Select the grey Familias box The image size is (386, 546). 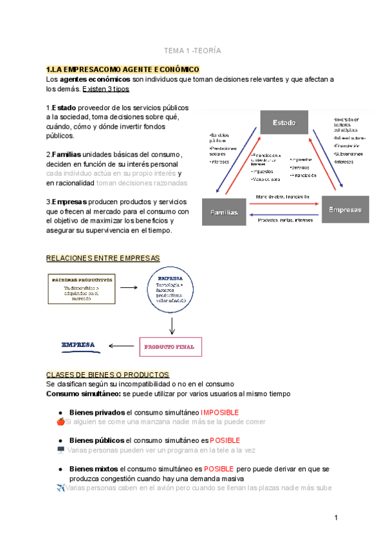[x=223, y=212]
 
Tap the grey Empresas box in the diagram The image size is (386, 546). [x=345, y=209]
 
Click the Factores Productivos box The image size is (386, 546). [x=81, y=288]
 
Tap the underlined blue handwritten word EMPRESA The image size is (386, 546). [x=78, y=344]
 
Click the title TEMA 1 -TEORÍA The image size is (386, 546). [x=192, y=50]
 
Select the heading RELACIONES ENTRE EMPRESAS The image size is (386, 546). [x=102, y=258]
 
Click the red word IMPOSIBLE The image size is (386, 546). [x=220, y=412]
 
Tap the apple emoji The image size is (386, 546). [x=60, y=422]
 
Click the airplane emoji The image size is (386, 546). [x=60, y=488]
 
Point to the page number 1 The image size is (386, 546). [x=336, y=518]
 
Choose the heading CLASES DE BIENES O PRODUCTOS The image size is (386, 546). [x=107, y=374]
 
